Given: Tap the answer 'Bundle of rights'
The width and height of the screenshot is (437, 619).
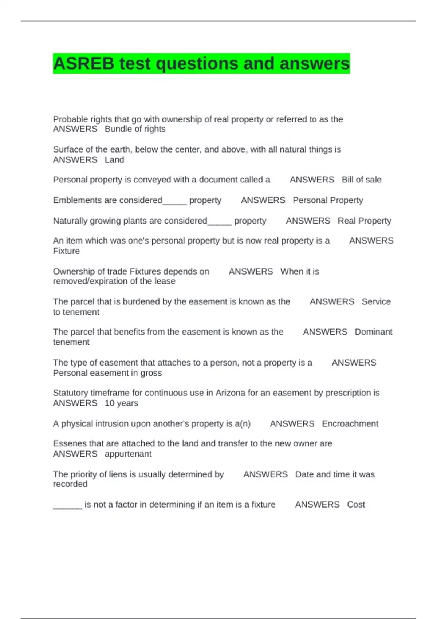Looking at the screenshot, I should tap(135, 129).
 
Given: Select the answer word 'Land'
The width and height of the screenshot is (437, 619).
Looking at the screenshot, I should tap(114, 160).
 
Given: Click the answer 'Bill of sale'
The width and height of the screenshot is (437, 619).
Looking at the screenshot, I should tap(361, 180).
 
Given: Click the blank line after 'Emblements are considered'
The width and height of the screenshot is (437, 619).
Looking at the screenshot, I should tap(174, 202).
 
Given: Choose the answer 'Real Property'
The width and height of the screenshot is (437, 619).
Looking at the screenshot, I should tap(364, 221).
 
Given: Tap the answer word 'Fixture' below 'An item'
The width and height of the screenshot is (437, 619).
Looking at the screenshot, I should tap(66, 251).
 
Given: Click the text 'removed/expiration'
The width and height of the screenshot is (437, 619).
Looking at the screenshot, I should tap(89, 281).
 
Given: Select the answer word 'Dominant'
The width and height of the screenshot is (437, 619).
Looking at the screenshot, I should tap(373, 332).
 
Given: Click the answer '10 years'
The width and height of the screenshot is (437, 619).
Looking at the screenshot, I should tap(121, 403).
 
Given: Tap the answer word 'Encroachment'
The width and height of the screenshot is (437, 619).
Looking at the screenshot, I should tap(350, 424).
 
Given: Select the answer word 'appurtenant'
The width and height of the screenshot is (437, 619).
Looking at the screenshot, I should tap(128, 454).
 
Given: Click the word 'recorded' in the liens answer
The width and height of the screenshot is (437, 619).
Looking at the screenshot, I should tap(70, 484).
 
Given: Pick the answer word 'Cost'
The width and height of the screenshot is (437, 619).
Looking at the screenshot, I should tap(356, 505).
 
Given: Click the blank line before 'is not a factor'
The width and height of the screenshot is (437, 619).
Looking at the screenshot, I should tap(67, 507).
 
